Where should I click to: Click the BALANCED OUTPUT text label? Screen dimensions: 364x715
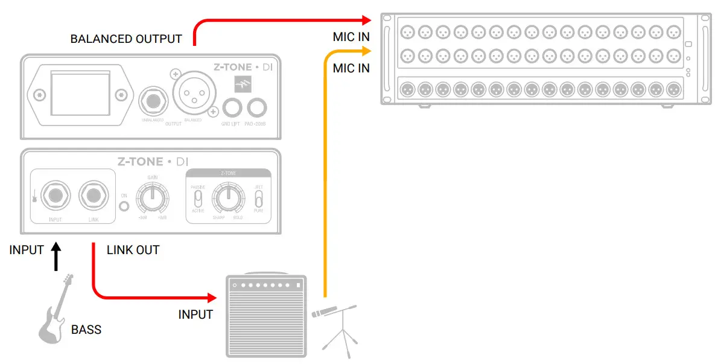(126, 39)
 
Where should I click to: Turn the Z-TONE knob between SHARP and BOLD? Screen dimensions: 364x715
(227, 196)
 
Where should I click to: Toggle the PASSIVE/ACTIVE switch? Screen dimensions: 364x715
(198, 199)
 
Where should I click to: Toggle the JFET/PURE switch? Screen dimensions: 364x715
(258, 199)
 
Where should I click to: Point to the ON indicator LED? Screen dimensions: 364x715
(124, 206)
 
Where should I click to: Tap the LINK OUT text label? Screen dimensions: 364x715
(133, 250)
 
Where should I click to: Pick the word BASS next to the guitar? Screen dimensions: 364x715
(86, 330)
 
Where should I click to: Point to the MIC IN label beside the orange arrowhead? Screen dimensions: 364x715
(351, 68)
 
